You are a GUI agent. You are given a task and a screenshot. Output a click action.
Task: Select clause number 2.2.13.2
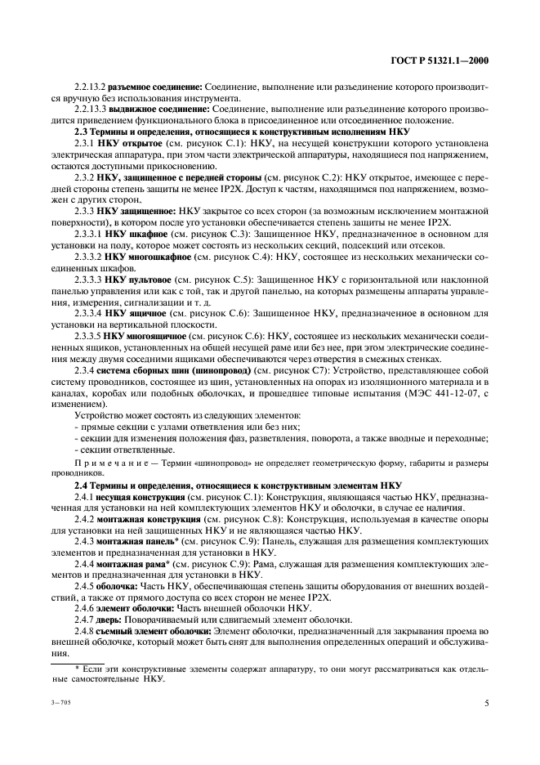tap(89, 86)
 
